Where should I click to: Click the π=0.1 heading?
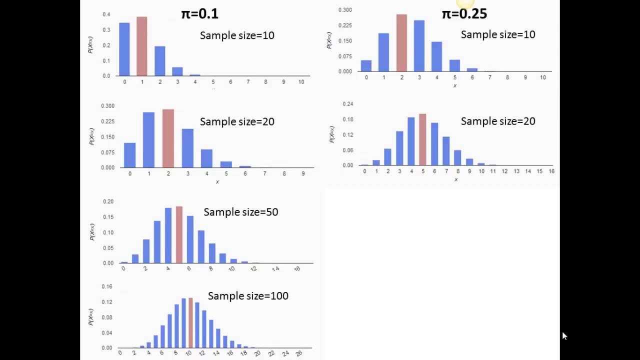(199, 13)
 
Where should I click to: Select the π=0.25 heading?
(464, 13)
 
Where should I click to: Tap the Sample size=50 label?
(240, 212)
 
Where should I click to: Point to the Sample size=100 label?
(248, 296)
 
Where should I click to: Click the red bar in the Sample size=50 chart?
(179, 234)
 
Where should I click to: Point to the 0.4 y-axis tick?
(106, 14)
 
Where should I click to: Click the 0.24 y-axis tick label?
(347, 104)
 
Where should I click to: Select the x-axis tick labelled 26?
(299, 353)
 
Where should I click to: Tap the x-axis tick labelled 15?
(539, 171)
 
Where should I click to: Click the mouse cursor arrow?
(564, 335)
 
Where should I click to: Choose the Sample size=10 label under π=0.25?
(497, 34)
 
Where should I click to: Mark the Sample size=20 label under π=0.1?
(237, 121)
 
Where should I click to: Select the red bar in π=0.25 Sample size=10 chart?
(401, 43)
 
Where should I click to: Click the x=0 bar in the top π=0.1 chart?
(124, 49)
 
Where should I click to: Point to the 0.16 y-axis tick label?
(106, 287)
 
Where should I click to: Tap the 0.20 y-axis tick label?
(107, 201)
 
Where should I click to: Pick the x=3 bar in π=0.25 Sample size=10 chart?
(419, 46)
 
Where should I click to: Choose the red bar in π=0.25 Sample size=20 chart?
(422, 139)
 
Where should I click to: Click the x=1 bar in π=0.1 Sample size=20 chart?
(148, 140)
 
